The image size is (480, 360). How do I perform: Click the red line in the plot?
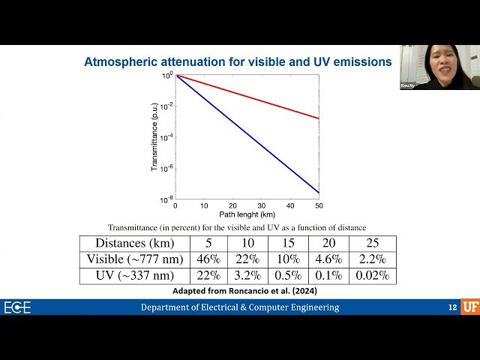coord(247,97)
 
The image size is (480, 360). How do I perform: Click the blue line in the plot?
coord(247,133)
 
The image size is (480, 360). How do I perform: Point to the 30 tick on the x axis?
coord(261,205)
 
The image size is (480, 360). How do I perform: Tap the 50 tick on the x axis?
coord(319,205)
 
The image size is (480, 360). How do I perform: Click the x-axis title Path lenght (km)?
coord(247,214)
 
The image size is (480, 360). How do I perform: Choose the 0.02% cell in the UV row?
coord(375,275)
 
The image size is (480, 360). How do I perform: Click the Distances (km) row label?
coord(134,243)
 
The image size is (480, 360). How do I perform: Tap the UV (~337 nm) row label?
coord(134,275)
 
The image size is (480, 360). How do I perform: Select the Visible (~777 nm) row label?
coord(134,259)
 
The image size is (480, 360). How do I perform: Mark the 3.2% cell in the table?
coord(248,275)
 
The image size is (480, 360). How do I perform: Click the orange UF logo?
coord(470,307)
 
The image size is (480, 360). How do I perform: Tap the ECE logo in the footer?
coord(17,307)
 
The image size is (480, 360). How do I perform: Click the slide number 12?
coord(452,307)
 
